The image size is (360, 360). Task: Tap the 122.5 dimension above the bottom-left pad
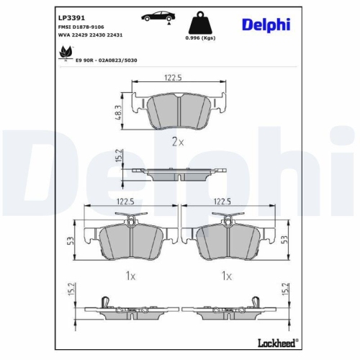[x=127, y=204]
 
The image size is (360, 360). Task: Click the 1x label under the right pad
[x=226, y=275]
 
